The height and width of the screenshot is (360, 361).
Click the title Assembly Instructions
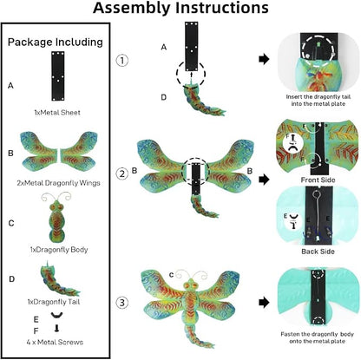(x=180, y=8)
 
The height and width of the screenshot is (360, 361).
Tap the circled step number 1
(x=122, y=61)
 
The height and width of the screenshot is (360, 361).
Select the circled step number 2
(x=122, y=174)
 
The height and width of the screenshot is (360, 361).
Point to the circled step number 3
(x=122, y=303)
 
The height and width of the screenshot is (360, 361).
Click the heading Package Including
(x=56, y=43)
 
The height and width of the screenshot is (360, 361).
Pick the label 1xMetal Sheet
(x=57, y=113)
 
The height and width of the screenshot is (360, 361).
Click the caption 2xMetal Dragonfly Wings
(x=58, y=183)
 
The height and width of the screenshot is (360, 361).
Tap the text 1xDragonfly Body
(x=59, y=250)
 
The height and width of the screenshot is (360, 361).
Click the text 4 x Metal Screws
(x=55, y=342)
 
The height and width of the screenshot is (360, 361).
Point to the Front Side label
(x=318, y=180)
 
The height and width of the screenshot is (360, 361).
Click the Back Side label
(x=318, y=252)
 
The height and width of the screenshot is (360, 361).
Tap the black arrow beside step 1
(x=264, y=59)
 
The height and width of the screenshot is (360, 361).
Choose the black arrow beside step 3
(x=264, y=303)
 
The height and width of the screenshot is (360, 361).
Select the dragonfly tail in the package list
(x=59, y=278)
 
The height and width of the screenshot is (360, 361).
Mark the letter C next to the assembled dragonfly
(x=171, y=275)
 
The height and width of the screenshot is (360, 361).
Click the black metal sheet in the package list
(x=58, y=76)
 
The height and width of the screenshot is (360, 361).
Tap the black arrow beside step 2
(x=264, y=180)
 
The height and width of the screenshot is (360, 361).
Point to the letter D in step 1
(x=164, y=97)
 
